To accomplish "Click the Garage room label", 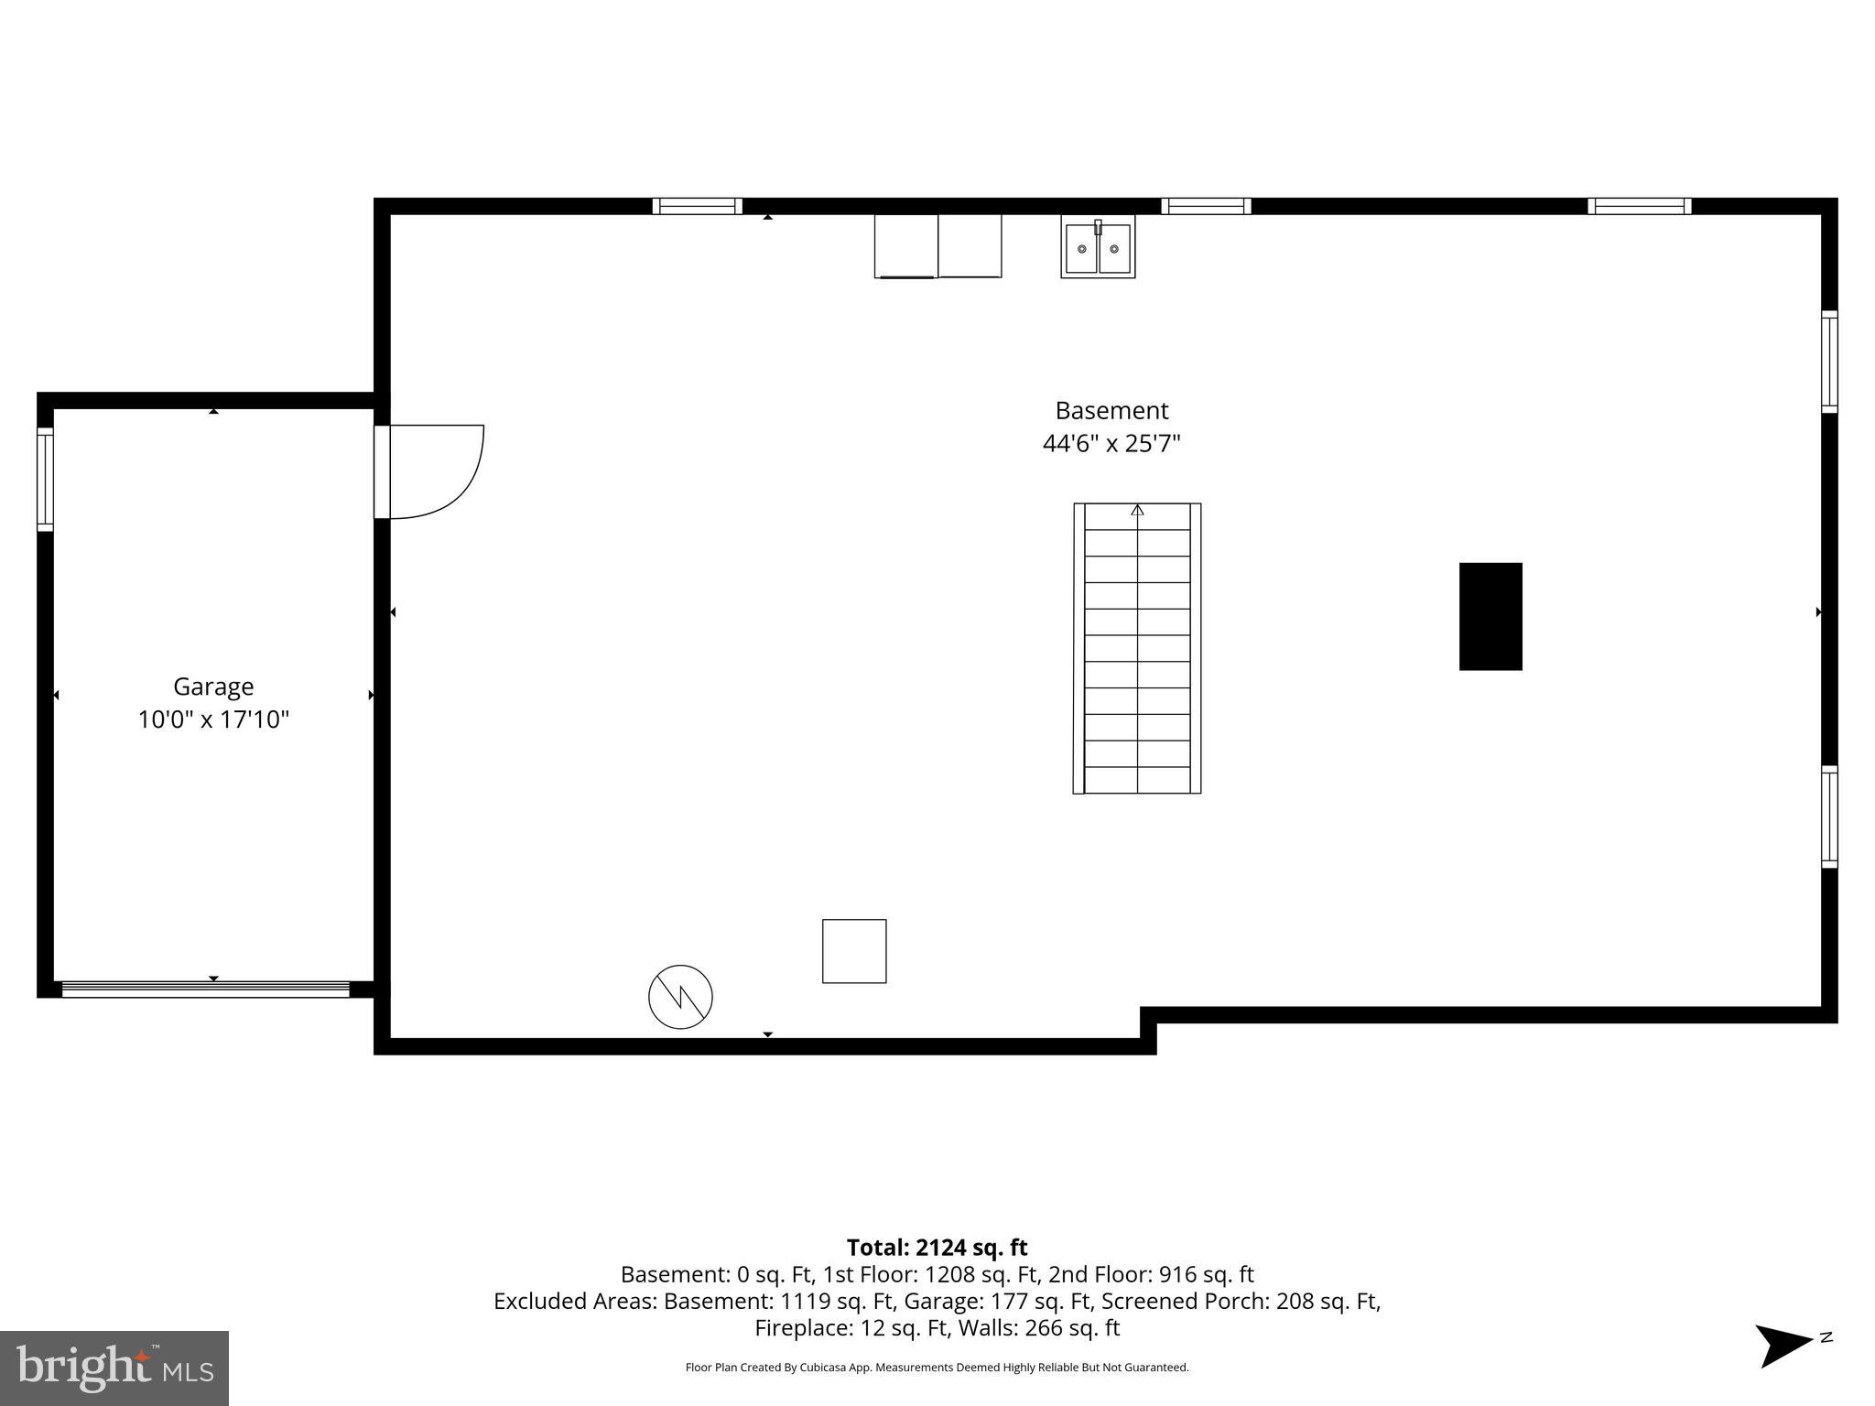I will pos(213,687).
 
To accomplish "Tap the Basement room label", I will pos(1111,410).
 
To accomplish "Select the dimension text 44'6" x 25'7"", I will pos(1111,444).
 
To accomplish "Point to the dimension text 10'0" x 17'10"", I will pos(213,720).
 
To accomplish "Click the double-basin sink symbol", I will pos(1098,247).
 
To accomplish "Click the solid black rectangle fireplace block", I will pos(1490,616).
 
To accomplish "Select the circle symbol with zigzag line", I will pos(680,997).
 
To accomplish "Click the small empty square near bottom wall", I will pos(854,951).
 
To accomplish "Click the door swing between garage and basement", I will pos(435,471).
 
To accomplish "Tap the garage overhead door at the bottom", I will pos(205,989).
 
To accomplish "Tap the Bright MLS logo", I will pos(114,1368).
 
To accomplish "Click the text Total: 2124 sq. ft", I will pos(937,1248).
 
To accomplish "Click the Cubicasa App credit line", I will pos(937,1368).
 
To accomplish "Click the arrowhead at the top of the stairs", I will pos(1137,511).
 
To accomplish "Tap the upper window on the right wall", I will pos(1828,362).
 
